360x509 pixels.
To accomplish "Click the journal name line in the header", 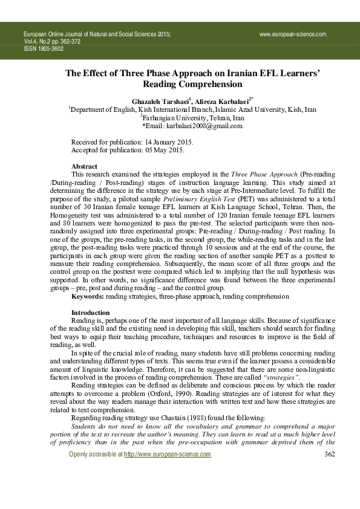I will coord(97,36).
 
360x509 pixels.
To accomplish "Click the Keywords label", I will coord(88,296).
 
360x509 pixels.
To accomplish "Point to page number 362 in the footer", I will coord(329,488).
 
